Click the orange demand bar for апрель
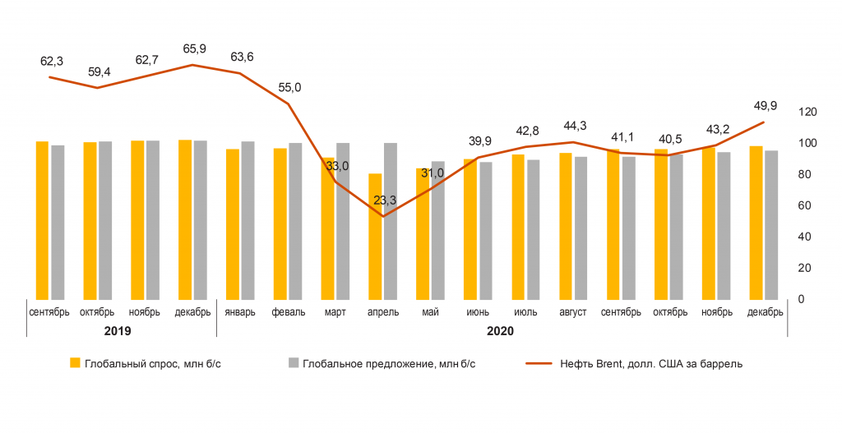coord(375,236)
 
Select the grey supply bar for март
coord(343,220)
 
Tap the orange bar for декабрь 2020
coord(756,222)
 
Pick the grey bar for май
coord(437,230)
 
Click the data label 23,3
coord(383,200)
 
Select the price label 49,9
coord(764,106)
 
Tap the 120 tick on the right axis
coord(807,112)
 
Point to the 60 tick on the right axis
coord(804,205)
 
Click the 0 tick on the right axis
coord(802,299)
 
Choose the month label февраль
coord(288,312)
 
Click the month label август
coord(573,312)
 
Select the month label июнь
coord(478,312)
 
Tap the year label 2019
coord(118,330)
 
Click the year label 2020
coord(500,330)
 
